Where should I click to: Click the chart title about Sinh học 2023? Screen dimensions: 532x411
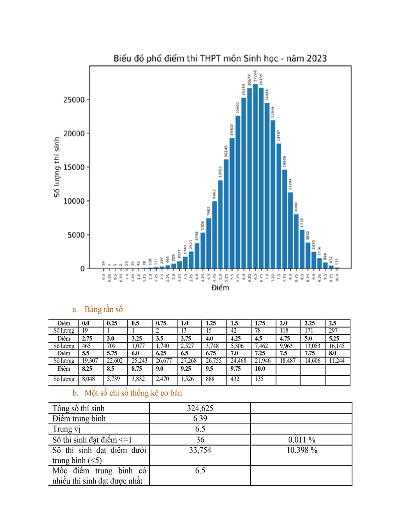220,58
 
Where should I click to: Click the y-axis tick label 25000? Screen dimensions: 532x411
74,100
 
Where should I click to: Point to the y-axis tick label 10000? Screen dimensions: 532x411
74,201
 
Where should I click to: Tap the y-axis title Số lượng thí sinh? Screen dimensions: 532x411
57,167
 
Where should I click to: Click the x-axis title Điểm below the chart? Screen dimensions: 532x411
220,288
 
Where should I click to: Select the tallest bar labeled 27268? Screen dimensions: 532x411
255,177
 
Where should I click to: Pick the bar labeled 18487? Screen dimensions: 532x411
279,206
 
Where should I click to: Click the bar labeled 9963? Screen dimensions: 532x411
215,234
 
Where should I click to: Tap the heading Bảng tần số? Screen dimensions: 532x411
104,310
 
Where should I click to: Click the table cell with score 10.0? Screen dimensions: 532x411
260,369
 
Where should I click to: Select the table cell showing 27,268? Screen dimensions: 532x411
189,361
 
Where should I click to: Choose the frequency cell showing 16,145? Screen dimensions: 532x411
337,346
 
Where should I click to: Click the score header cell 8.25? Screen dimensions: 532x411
87,369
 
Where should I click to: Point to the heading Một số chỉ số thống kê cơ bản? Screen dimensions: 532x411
133,393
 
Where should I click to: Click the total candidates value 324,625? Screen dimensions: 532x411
200,408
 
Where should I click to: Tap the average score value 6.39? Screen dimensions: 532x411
200,419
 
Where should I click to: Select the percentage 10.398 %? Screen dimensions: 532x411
302,450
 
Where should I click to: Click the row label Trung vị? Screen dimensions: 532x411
66,429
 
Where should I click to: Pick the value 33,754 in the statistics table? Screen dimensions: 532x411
200,450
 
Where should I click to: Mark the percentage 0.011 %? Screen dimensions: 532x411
302,440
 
